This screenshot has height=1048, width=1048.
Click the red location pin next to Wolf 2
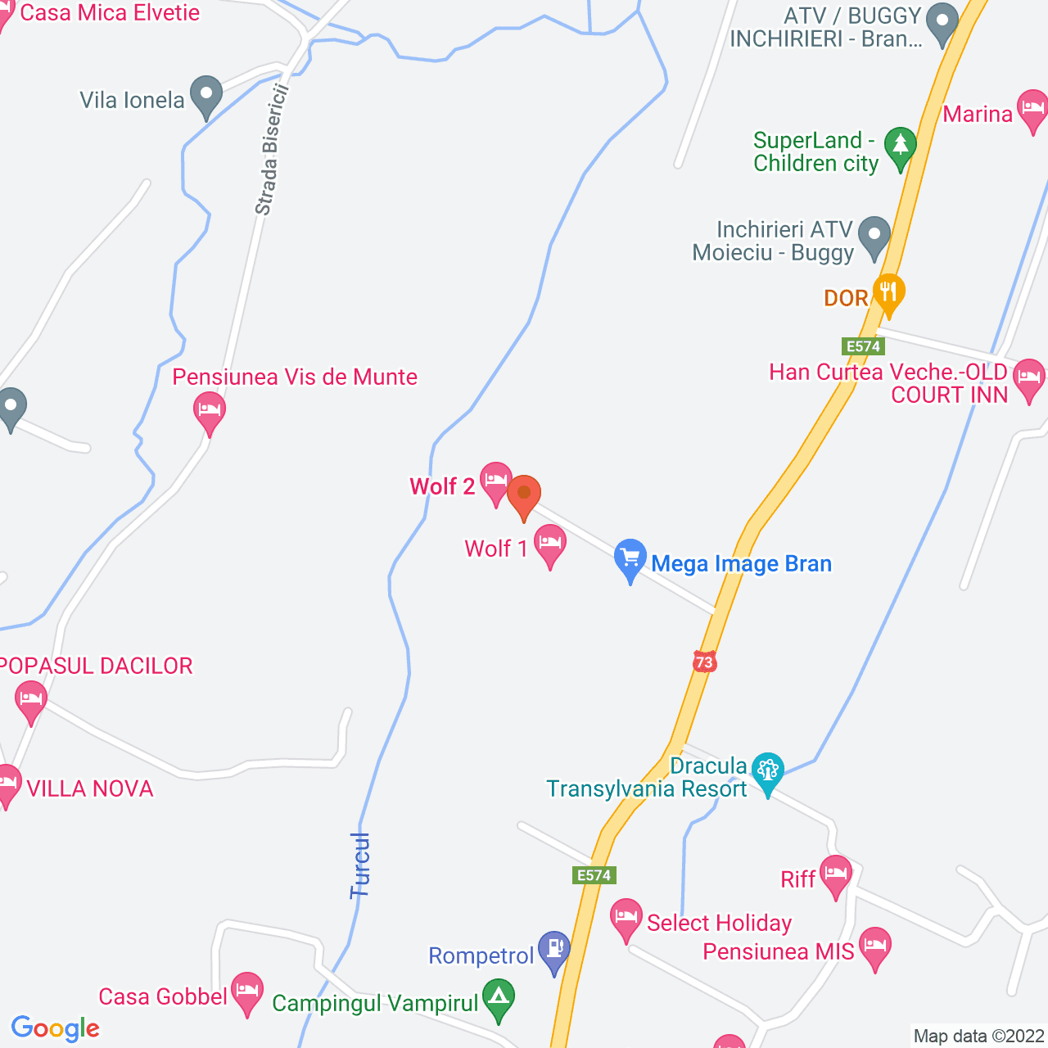[524, 495]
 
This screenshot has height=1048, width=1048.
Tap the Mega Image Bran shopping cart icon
[630, 559]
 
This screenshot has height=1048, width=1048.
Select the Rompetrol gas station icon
[554, 950]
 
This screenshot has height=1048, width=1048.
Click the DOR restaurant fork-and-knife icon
[888, 292]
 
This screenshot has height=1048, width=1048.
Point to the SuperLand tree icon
[901, 147]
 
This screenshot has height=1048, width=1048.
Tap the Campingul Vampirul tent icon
[499, 998]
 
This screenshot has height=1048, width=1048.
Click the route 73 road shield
[704, 662]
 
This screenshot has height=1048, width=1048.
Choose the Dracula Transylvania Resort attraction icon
[768, 771]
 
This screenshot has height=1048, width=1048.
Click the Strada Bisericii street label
[272, 149]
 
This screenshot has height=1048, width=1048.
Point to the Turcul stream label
[360, 865]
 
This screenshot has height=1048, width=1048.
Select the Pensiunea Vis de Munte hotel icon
[209, 409]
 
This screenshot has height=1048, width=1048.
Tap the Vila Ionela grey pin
[206, 95]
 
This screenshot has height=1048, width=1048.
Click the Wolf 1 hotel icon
[550, 544]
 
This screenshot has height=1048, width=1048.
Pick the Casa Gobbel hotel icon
[246, 992]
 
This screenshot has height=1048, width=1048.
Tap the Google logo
[56, 1028]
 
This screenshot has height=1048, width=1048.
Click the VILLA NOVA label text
[90, 788]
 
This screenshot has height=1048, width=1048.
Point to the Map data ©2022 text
[978, 1036]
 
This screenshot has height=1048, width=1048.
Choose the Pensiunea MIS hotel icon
[874, 946]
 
